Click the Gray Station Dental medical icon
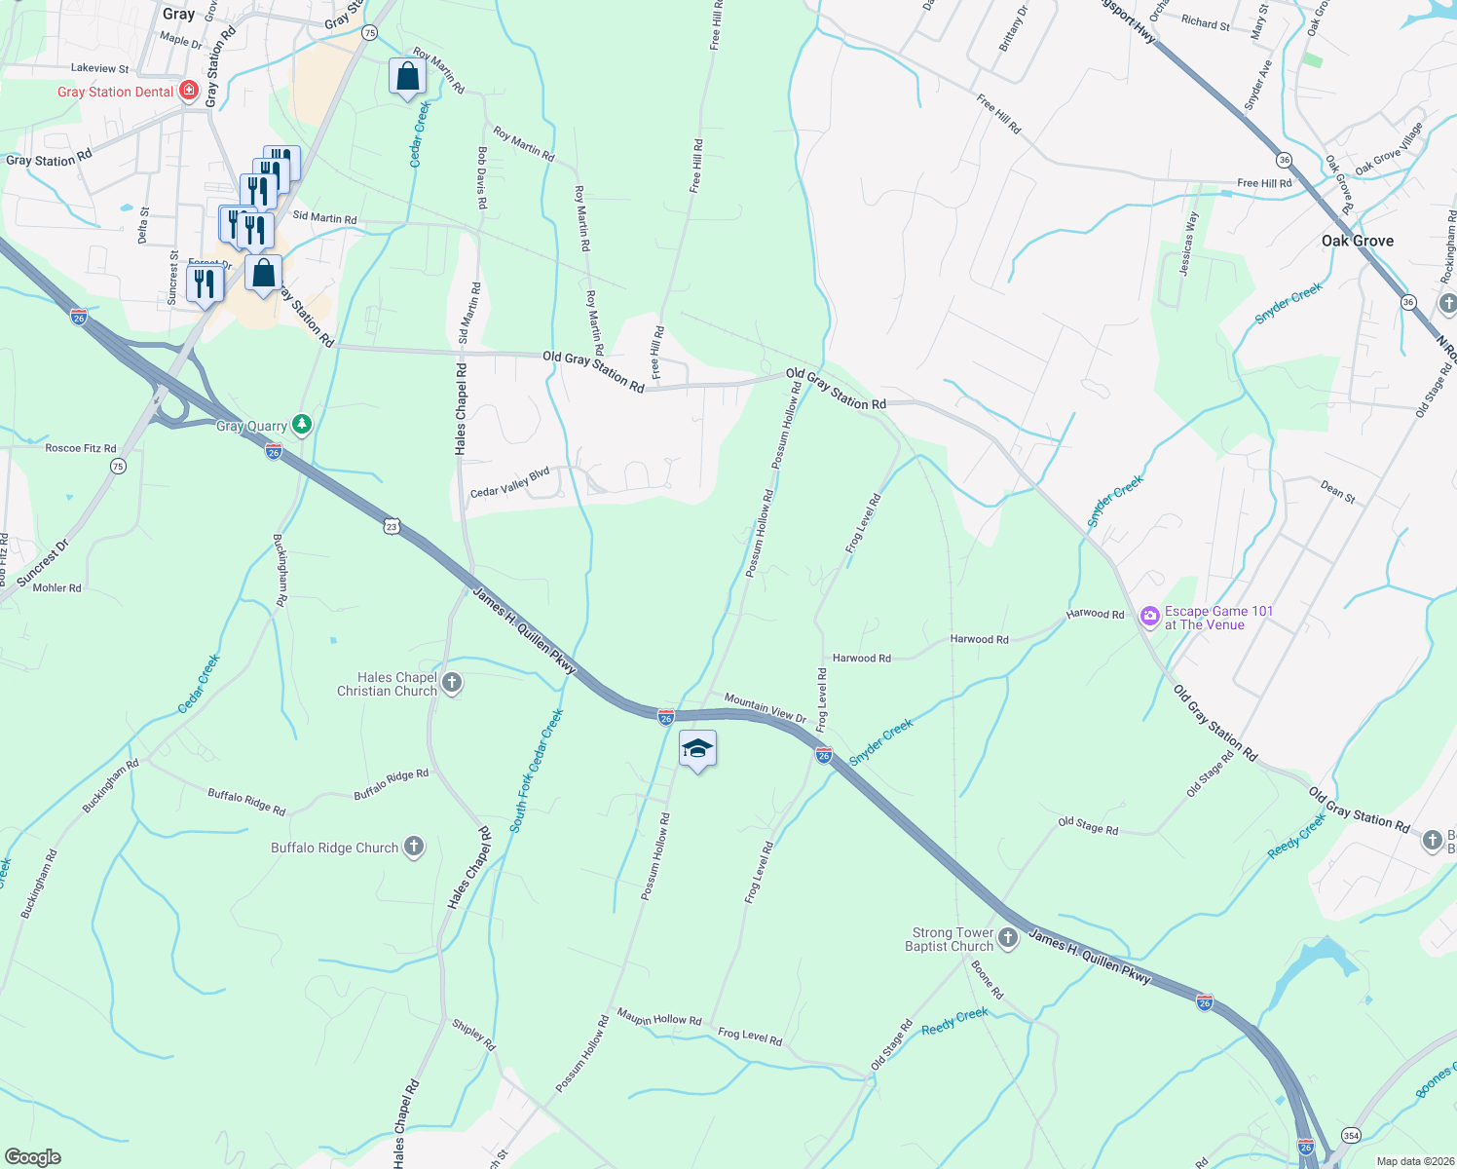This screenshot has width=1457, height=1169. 189,92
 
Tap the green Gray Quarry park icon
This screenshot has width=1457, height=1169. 303,424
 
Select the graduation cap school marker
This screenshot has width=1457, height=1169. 697,748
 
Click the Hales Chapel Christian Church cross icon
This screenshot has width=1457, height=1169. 452,683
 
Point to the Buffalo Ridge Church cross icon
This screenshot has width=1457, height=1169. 414,847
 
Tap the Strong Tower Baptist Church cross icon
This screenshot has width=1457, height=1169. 1008,938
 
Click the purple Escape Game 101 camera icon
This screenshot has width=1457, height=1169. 1150,616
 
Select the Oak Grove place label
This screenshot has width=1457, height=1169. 1357,241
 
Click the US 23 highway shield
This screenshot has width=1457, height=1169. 392,526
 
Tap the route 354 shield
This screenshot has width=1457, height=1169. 1351,1135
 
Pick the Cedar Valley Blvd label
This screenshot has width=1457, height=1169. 510,482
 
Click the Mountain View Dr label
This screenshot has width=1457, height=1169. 766,708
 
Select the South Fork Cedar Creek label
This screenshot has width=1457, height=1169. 537,770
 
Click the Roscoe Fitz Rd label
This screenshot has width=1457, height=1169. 80,449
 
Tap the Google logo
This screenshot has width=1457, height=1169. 32,1156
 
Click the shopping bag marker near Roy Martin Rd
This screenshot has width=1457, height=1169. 407,76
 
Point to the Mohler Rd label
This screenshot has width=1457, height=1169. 56,587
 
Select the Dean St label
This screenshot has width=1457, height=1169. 1338,492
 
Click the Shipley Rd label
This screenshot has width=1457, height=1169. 474,1035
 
